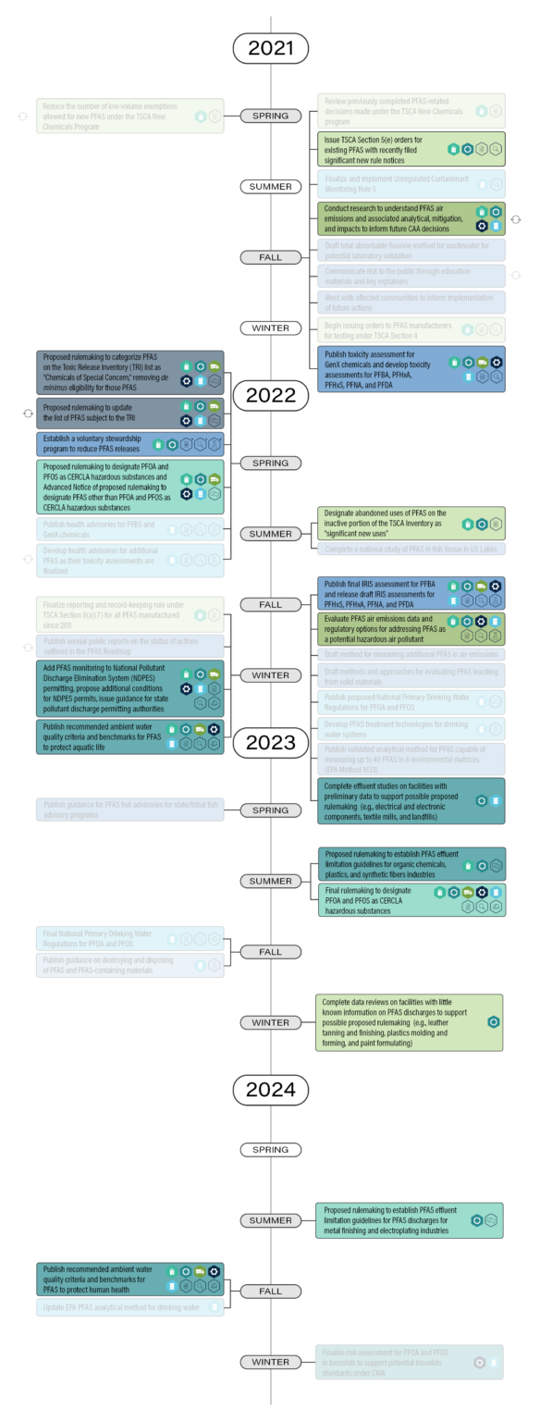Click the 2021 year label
(x=270, y=48)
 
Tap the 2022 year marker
(x=270, y=395)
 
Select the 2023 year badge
(x=270, y=742)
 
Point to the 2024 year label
(x=270, y=1090)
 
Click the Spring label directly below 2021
(x=270, y=117)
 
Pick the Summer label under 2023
(x=270, y=881)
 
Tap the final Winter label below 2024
(x=270, y=1362)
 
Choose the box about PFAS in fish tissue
(x=410, y=550)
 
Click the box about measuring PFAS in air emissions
(x=410, y=654)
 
